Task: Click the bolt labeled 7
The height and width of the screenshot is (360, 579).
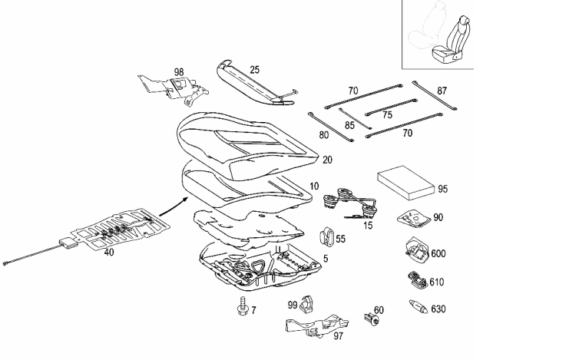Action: [x=242, y=306]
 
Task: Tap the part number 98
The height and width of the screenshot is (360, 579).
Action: [x=179, y=72]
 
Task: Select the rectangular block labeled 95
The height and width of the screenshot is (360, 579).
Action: [x=405, y=183]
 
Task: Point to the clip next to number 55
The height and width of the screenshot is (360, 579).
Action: [x=326, y=236]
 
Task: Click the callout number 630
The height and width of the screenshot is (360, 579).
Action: [x=438, y=309]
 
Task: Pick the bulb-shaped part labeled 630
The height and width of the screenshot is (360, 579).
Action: [x=419, y=306]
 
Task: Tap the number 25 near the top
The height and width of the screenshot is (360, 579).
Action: [x=254, y=69]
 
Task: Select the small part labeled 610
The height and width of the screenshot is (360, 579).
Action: [x=417, y=280]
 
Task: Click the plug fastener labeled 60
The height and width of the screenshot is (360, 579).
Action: [x=371, y=319]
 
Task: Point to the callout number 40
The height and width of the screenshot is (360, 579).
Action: [x=109, y=253]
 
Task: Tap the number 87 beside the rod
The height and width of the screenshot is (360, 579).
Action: [x=442, y=91]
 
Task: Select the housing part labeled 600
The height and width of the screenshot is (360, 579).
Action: [x=416, y=250]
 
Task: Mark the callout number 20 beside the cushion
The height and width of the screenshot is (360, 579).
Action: [x=327, y=160]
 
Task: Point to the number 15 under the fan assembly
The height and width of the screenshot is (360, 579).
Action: [x=368, y=225]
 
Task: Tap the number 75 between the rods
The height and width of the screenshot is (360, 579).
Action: [x=387, y=115]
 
